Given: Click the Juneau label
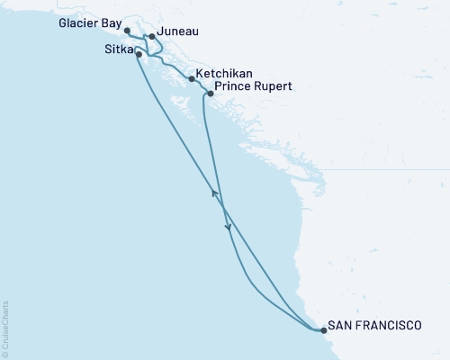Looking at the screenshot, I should (178, 31).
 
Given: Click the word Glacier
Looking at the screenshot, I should (79, 27).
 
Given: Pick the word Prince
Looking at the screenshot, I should (230, 88).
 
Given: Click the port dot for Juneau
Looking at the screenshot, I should (151, 37).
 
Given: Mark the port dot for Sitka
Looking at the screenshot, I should (139, 54).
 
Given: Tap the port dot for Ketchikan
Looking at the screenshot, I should (192, 79).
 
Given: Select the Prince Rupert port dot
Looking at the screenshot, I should (210, 93).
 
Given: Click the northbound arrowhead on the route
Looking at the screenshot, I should (214, 193).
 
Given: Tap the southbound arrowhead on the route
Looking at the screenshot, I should (229, 228).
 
